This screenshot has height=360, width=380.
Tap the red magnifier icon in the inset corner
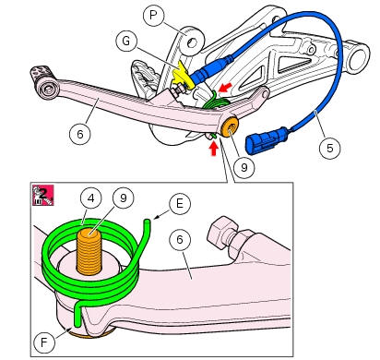(42, 195)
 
